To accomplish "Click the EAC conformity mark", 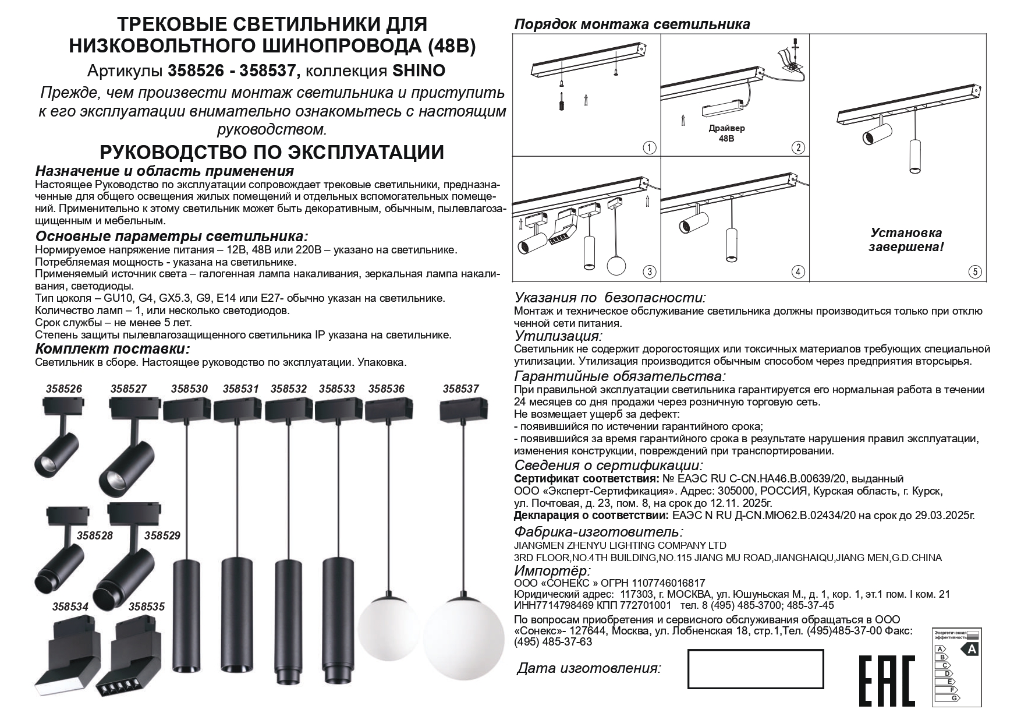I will (x=887, y=680).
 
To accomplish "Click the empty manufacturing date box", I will (x=755, y=669).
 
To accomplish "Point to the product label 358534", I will (x=70, y=606).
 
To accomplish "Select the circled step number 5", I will (x=975, y=272).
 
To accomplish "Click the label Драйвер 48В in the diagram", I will (x=726, y=133).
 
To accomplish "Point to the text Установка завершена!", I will (x=906, y=239).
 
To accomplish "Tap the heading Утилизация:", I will (x=558, y=336).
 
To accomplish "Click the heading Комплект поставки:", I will (x=112, y=349).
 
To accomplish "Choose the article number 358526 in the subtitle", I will (x=196, y=71).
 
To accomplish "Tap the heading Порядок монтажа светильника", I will (x=632, y=24).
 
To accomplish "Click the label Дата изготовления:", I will (x=589, y=668).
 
